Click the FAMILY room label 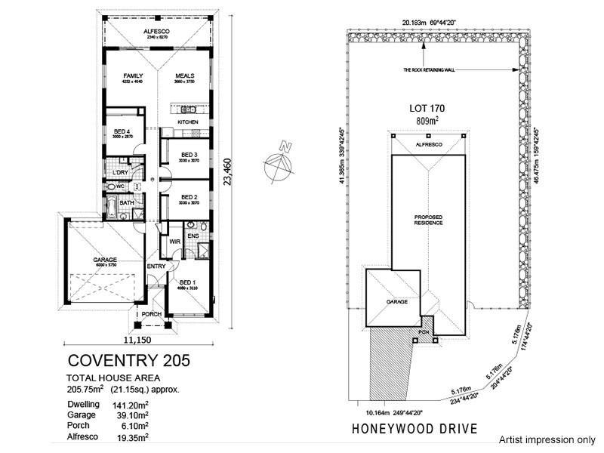pyautogui.click(x=133, y=75)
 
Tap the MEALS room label pyautogui.click(x=186, y=75)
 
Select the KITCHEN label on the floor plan pyautogui.click(x=188, y=122)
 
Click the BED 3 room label pyautogui.click(x=188, y=155)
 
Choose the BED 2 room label pyautogui.click(x=188, y=196)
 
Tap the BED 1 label pyautogui.click(x=188, y=281)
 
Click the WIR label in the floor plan pyautogui.click(x=174, y=242)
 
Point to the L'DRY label pyautogui.click(x=119, y=173)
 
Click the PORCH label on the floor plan pyautogui.click(x=151, y=314)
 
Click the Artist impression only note pyautogui.click(x=547, y=439)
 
